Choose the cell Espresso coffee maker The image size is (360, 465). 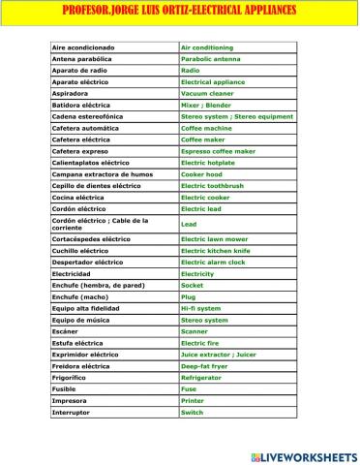pyautogui.click(x=217, y=151)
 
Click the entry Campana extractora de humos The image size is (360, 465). pyautogui.click(x=101, y=174)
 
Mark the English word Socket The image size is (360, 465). pyautogui.click(x=192, y=286)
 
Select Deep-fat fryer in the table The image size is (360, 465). pyautogui.click(x=205, y=366)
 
